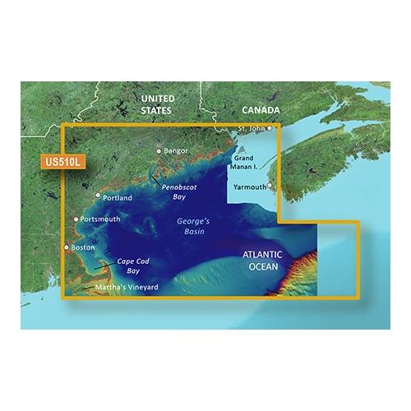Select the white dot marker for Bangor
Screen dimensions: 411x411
click(x=159, y=151)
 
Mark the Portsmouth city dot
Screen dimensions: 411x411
click(x=76, y=219)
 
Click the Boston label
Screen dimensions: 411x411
click(x=83, y=247)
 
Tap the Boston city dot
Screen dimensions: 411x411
click(x=67, y=247)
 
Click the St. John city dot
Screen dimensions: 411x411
click(x=269, y=128)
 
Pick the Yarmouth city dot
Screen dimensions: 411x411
click(x=270, y=163)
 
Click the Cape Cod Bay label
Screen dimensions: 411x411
click(x=132, y=266)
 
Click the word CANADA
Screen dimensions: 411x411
click(x=260, y=109)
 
